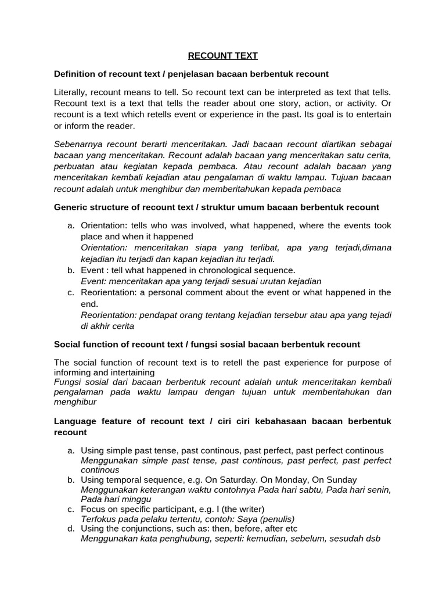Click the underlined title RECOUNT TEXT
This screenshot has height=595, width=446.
pyautogui.click(x=222, y=56)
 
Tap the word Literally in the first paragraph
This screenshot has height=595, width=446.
pyautogui.click(x=70, y=92)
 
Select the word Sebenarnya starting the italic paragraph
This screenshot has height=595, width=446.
pyautogui.click(x=77, y=144)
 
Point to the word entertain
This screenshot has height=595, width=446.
pyautogui.click(x=373, y=114)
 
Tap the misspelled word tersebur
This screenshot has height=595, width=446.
pyautogui.click(x=289, y=315)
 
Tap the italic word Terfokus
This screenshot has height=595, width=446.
pyautogui.click(x=98, y=519)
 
